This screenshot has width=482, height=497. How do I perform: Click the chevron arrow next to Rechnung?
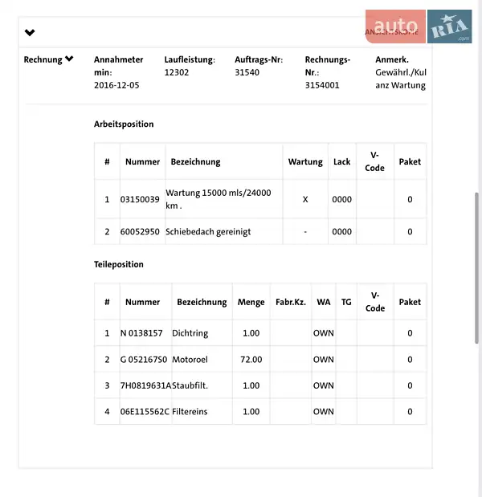coord(70,59)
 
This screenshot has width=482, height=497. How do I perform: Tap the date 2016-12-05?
coord(116,84)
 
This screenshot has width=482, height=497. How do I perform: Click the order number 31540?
coord(247,71)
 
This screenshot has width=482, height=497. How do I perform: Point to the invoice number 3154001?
coord(322,84)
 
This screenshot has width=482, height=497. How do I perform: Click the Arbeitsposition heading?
coord(124,124)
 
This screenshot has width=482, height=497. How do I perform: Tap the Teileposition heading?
coord(119,264)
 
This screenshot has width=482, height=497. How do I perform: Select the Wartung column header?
coord(305,161)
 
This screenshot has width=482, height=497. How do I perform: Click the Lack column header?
coord(342,161)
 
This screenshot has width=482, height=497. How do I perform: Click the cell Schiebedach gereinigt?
coord(208,231)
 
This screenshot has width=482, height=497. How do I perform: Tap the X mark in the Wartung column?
coord(305,199)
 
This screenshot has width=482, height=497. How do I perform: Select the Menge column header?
coord(251,302)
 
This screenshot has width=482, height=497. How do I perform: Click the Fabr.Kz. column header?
coord(291,302)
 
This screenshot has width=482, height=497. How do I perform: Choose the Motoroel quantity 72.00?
coord(251,359)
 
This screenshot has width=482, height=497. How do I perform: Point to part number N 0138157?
coord(141,332)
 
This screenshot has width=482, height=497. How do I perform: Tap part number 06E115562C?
coord(145,411)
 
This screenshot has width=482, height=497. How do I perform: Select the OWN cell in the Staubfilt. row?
coord(324,385)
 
